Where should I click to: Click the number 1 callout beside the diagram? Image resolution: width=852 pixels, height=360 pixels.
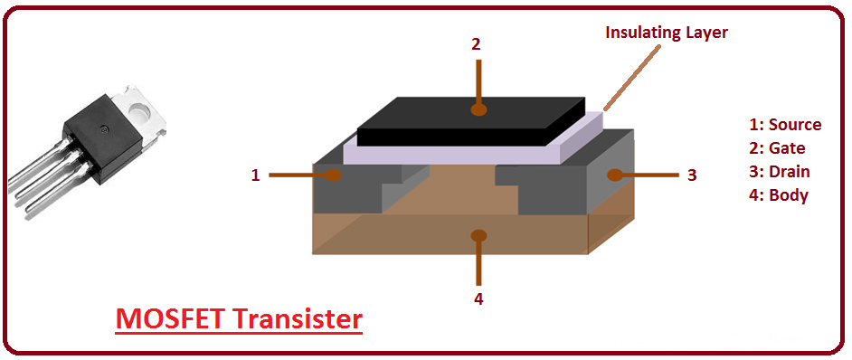click(256, 175)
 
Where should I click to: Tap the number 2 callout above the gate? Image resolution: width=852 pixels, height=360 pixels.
click(476, 43)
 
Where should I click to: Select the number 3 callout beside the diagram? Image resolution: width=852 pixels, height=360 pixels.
click(692, 175)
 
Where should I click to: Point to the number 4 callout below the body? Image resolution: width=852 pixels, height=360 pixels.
click(478, 298)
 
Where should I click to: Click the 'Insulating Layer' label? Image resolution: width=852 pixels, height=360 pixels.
click(667, 33)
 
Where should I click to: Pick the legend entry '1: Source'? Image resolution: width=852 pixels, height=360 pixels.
click(785, 125)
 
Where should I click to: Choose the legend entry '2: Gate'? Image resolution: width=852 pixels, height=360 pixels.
click(777, 148)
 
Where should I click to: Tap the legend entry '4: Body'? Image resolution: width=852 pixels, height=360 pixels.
click(778, 195)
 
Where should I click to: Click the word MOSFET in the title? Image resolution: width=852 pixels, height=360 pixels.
click(171, 319)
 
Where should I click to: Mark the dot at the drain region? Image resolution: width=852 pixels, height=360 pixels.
click(615, 175)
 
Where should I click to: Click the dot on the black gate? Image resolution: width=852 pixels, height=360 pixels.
click(477, 109)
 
